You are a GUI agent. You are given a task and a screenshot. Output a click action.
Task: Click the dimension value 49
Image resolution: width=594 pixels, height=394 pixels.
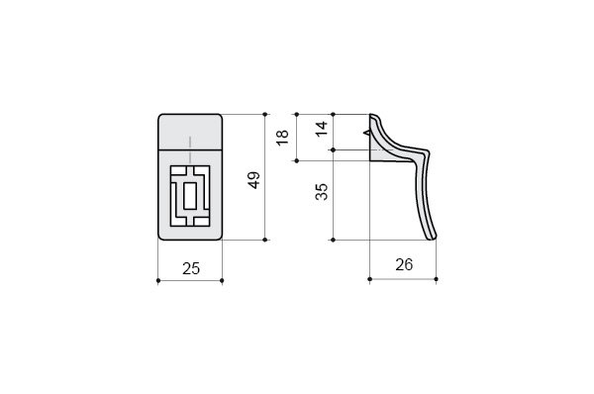(x=254, y=180)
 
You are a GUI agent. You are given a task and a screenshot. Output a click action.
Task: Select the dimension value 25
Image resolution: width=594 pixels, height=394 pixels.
(x=191, y=268)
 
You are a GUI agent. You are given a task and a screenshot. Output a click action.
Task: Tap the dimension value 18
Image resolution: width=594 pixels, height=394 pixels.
(x=282, y=138)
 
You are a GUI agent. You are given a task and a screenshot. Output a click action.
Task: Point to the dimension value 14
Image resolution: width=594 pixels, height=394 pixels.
(x=322, y=129)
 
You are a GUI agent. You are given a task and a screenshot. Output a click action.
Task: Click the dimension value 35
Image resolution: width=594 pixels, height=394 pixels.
(x=322, y=191)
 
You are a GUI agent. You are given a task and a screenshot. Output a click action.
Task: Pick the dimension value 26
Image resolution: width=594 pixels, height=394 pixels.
(x=404, y=264)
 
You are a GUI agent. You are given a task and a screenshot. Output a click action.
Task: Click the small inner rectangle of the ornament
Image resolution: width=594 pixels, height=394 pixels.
(x=190, y=195)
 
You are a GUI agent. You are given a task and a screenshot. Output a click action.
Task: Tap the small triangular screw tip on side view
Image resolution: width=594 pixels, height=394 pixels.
(x=366, y=133)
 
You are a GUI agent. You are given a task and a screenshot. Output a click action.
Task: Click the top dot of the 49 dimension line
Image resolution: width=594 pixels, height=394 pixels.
(x=264, y=114)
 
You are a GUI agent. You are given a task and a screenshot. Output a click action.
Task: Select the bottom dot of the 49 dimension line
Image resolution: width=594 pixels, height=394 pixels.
(x=264, y=240)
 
